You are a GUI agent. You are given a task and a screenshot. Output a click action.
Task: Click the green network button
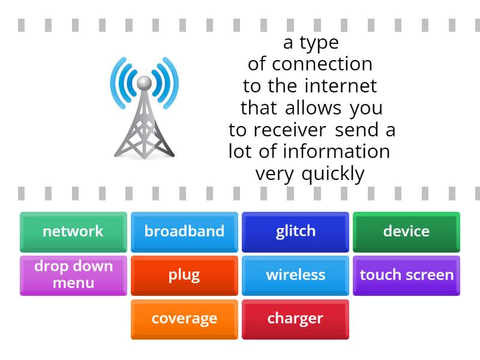click(73, 231)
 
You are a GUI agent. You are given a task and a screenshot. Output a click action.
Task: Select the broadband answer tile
click(184, 231)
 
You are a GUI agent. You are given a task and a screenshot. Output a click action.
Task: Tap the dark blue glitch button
click(295, 231)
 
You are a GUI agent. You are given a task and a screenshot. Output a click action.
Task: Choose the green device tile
click(406, 231)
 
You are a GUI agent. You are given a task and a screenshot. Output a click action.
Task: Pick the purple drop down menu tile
click(73, 275)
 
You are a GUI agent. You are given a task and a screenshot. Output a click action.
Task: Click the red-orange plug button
click(184, 275)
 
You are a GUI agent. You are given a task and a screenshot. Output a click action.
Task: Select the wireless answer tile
click(295, 275)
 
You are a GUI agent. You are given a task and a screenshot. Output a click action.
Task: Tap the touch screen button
click(406, 275)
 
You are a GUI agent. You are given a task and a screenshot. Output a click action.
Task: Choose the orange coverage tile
click(184, 319)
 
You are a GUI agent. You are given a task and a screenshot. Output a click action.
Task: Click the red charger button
click(295, 319)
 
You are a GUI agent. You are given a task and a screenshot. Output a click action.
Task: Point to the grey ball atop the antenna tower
click(143, 82)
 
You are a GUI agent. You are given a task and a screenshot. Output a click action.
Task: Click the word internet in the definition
click(340, 86)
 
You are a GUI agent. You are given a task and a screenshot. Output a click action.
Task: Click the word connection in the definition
click(322, 64)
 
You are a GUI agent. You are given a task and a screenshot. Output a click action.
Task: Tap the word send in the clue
click(357, 130)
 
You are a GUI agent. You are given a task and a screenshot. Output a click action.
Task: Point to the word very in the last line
click(275, 174)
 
